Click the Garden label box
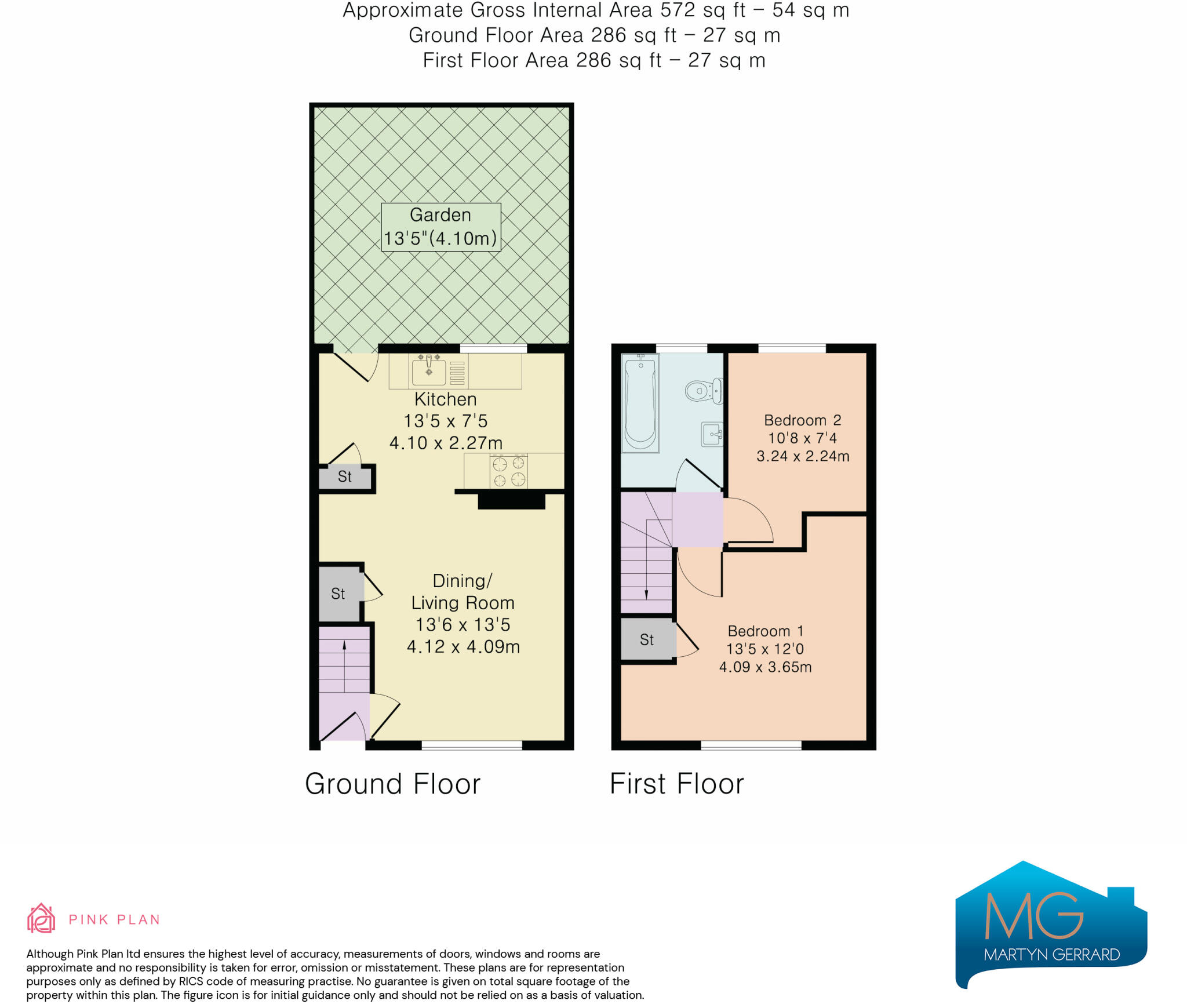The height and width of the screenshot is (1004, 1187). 440,227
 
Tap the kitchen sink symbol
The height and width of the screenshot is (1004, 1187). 429,371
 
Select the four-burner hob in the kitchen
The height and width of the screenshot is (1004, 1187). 509,471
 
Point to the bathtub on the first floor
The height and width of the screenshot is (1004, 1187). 640,403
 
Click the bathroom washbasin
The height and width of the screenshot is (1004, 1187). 712,434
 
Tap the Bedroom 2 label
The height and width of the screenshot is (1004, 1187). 802,420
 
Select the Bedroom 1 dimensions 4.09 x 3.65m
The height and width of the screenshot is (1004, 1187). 765,667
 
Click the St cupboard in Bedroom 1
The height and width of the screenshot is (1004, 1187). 647,640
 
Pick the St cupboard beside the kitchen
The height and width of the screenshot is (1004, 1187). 345,477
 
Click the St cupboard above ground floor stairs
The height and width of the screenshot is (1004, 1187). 338,594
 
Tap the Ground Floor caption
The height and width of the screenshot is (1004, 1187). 393,784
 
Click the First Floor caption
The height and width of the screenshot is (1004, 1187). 676,784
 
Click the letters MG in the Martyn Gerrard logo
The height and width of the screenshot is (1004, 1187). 1033,916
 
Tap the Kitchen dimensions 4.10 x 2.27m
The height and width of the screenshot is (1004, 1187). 446,443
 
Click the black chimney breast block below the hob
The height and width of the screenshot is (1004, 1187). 511,501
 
